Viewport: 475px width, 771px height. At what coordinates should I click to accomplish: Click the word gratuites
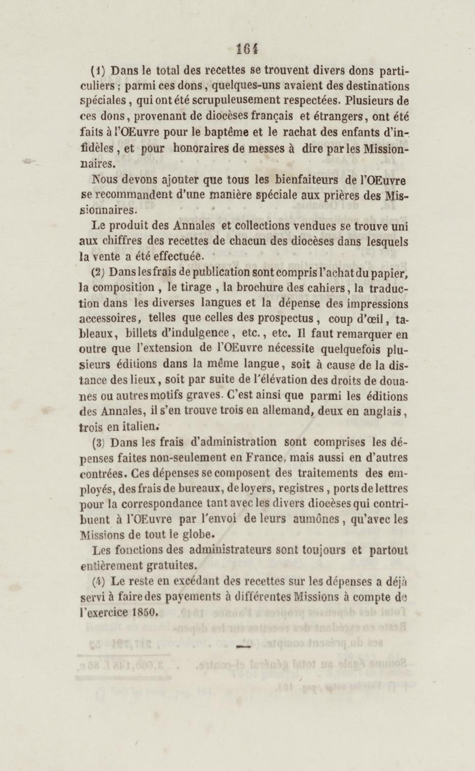pos(171,566)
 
